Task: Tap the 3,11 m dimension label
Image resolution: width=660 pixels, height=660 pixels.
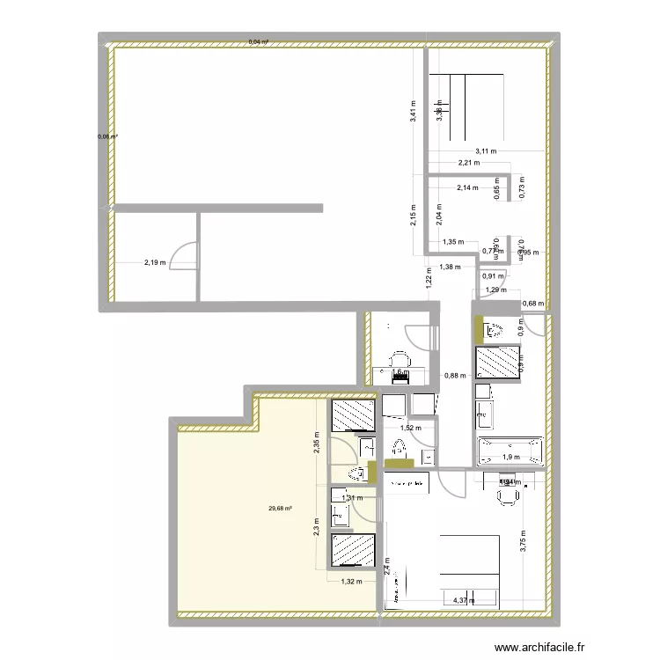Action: click(485, 150)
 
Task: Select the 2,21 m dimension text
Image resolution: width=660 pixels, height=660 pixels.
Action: click(468, 163)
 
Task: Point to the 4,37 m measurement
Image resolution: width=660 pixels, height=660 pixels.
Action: click(463, 601)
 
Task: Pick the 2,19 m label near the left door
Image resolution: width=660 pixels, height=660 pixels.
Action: click(156, 261)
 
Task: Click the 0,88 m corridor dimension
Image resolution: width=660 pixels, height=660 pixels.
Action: click(455, 374)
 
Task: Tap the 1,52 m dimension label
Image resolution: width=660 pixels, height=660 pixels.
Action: click(411, 429)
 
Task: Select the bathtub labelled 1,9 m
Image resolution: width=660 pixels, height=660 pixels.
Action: click(510, 452)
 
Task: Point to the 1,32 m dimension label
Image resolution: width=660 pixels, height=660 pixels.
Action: click(352, 582)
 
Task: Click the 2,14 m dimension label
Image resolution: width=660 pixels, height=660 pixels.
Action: click(467, 187)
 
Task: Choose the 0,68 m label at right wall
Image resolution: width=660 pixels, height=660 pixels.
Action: click(533, 304)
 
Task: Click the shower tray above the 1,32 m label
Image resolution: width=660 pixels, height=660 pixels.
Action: click(353, 552)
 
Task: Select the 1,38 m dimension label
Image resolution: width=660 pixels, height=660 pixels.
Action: click(449, 267)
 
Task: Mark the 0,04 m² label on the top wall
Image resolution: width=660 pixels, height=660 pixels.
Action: click(259, 41)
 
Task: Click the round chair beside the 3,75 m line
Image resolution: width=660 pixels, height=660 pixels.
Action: click(506, 496)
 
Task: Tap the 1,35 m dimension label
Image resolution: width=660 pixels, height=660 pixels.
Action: click(453, 242)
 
